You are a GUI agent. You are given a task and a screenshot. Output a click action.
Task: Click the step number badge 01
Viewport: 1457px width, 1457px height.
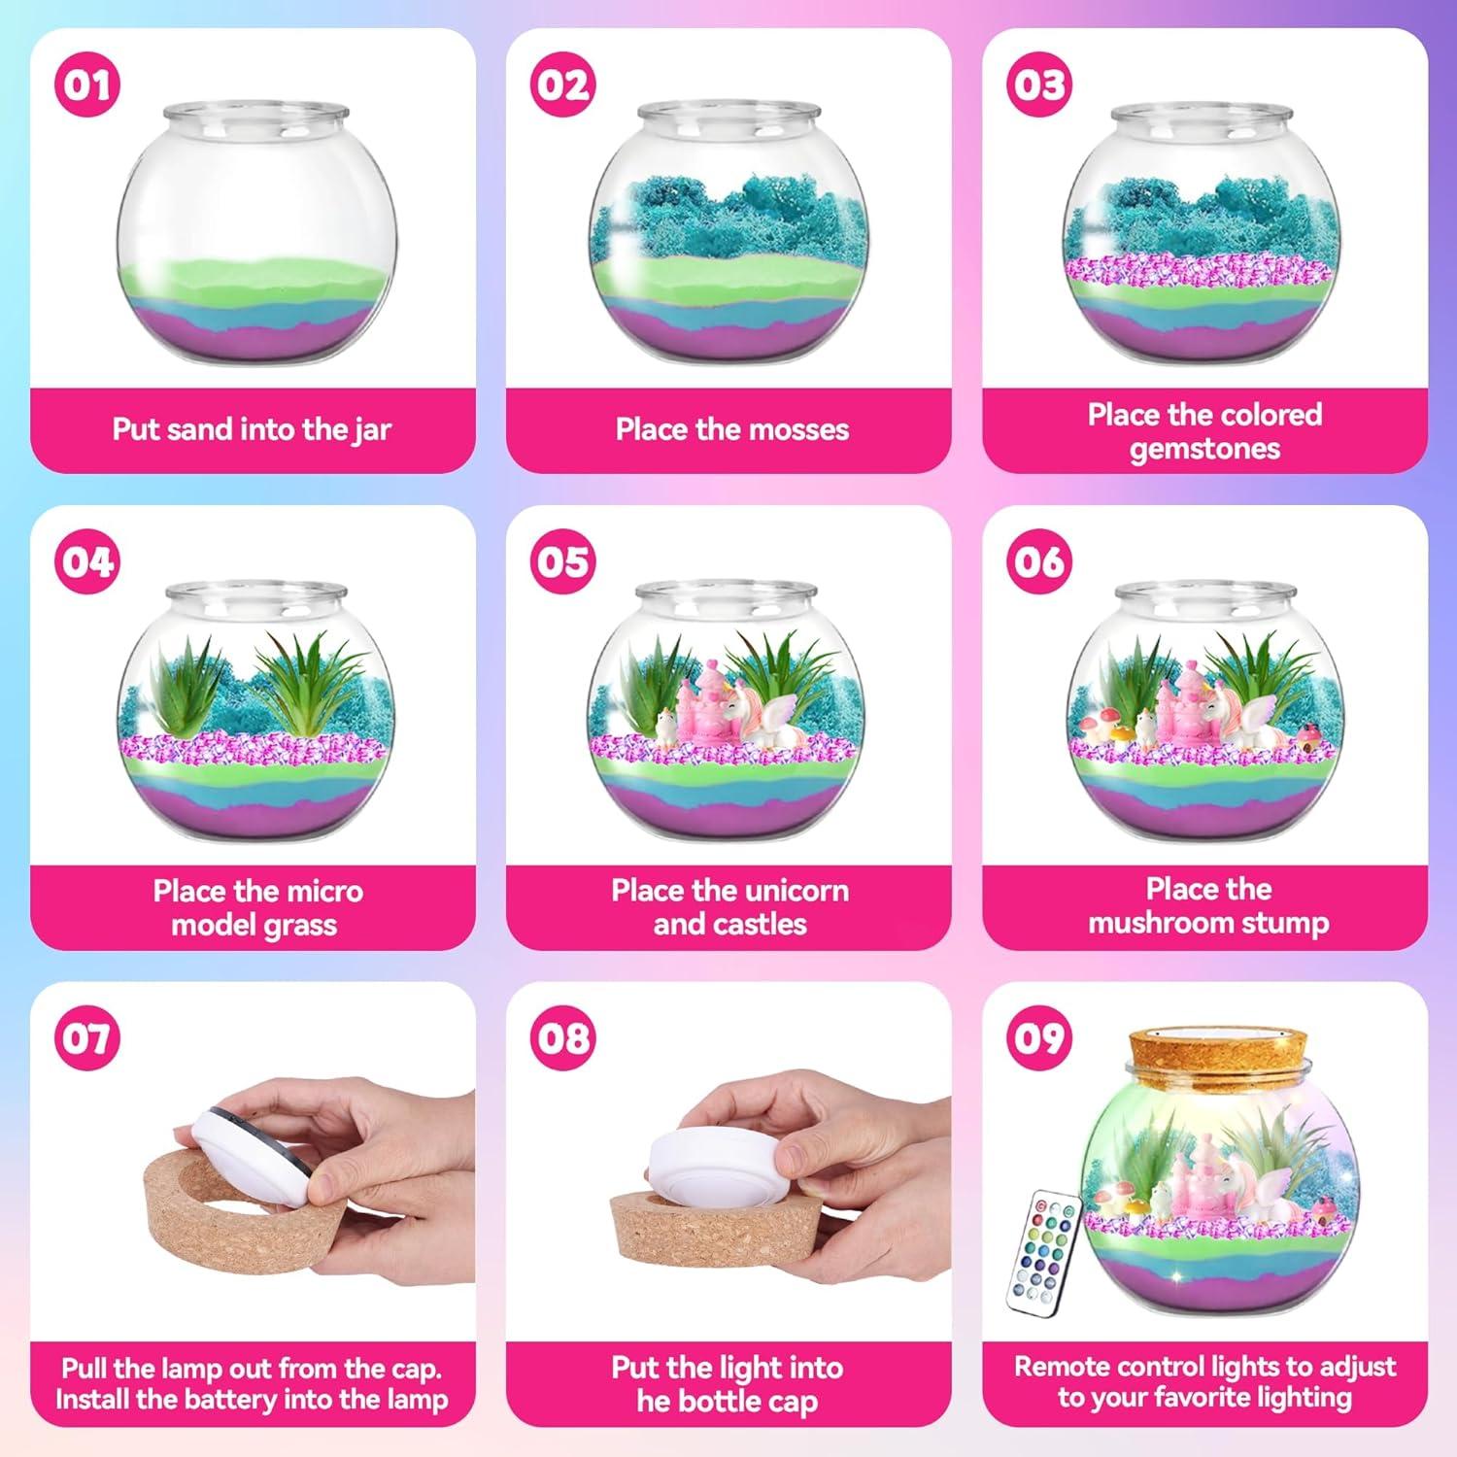[x=86, y=85]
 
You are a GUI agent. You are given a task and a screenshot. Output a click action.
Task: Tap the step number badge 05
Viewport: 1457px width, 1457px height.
[x=562, y=561]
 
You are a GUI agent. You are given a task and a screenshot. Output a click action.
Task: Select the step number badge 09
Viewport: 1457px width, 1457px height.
[x=1038, y=1037]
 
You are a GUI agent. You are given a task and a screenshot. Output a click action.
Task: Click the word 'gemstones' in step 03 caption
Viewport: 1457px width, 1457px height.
[x=1204, y=449]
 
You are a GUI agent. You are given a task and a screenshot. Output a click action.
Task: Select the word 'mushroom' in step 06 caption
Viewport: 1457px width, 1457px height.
[x=1156, y=923]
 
